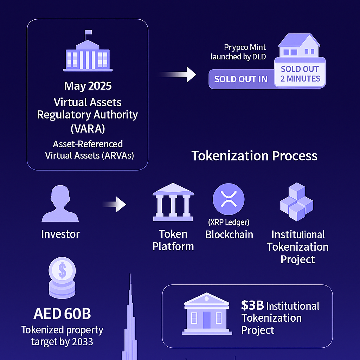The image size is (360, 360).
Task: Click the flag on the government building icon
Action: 88,32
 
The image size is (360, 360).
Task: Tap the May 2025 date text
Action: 88,86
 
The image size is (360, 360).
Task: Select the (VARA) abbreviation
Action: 88,129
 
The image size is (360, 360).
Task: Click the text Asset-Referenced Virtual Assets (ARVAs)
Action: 89,150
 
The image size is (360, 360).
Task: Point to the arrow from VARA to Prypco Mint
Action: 178,75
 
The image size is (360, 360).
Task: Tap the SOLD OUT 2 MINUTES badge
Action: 300,74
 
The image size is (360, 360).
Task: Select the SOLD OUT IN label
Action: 241,79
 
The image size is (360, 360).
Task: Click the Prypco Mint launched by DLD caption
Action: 238,52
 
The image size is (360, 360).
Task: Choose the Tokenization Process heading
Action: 255,156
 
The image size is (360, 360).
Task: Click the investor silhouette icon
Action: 60,204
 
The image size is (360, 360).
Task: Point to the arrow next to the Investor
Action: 114,204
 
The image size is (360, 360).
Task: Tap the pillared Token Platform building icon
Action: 173,202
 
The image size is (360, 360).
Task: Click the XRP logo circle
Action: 229,199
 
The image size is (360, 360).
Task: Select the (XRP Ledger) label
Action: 229,222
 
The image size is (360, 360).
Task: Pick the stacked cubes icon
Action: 297,202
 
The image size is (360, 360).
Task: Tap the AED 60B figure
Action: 62,314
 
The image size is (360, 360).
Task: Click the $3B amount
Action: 252,306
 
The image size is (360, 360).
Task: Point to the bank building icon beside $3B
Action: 207,314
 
